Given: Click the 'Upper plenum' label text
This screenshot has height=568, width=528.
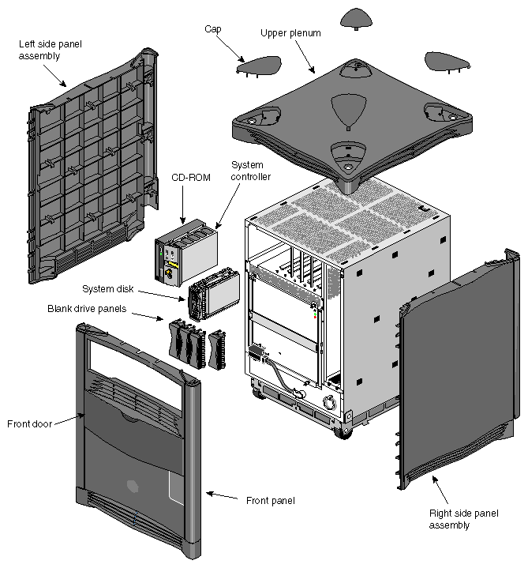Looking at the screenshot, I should (290, 33).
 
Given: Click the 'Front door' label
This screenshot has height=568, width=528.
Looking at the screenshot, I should (29, 424).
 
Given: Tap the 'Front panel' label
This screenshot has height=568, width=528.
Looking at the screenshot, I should (270, 500).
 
